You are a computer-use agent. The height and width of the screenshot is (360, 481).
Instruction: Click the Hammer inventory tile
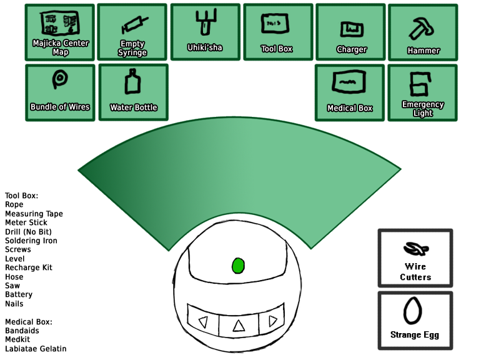point(424,33)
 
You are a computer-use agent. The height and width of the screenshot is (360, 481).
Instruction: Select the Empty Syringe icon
point(132,32)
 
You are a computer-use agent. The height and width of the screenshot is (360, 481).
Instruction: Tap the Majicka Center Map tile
point(60,32)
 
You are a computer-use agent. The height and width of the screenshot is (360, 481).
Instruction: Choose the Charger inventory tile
point(351,33)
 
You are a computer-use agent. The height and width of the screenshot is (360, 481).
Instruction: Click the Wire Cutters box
point(415,257)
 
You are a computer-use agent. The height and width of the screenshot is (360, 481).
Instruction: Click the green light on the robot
point(237,265)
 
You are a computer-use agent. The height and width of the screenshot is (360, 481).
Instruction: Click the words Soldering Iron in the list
point(31,241)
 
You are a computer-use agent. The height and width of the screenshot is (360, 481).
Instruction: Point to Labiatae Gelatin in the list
point(36,349)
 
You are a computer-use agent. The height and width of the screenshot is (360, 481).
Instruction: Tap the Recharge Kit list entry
point(29,267)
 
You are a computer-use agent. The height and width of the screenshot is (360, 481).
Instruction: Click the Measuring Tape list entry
point(34,214)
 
